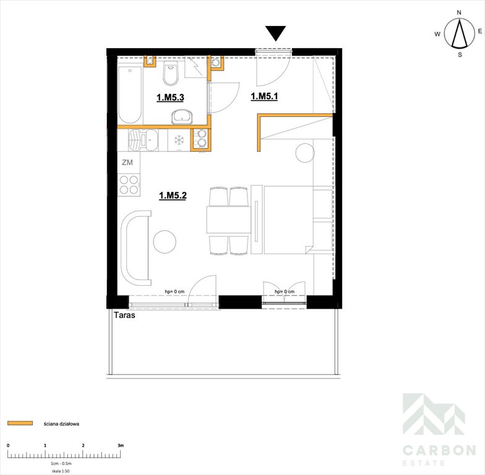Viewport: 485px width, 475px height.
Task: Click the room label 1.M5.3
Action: click(170, 98)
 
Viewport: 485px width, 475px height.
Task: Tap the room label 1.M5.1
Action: click(264, 96)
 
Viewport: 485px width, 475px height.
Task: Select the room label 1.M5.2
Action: click(173, 195)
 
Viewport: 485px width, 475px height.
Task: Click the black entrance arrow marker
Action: click(275, 33)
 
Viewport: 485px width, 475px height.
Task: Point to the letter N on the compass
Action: click(459, 12)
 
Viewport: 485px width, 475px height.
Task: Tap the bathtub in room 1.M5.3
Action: click(130, 94)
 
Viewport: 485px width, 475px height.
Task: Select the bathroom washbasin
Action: click(182, 116)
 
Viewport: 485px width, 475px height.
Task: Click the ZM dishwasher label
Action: click(127, 162)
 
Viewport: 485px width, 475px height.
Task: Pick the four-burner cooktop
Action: click(129, 184)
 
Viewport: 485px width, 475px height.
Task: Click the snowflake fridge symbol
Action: click(179, 140)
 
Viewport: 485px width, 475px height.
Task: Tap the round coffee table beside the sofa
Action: click(165, 241)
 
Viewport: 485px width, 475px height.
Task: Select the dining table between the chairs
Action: click(229, 220)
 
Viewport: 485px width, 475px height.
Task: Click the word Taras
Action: click(125, 315)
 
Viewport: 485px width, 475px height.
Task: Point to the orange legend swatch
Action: click(20, 423)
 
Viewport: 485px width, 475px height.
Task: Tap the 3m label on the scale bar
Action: click(121, 445)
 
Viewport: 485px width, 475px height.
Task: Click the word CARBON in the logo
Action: click(439, 450)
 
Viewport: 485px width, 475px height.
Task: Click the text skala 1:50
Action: click(61, 471)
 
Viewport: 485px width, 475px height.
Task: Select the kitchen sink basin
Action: click(152, 140)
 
